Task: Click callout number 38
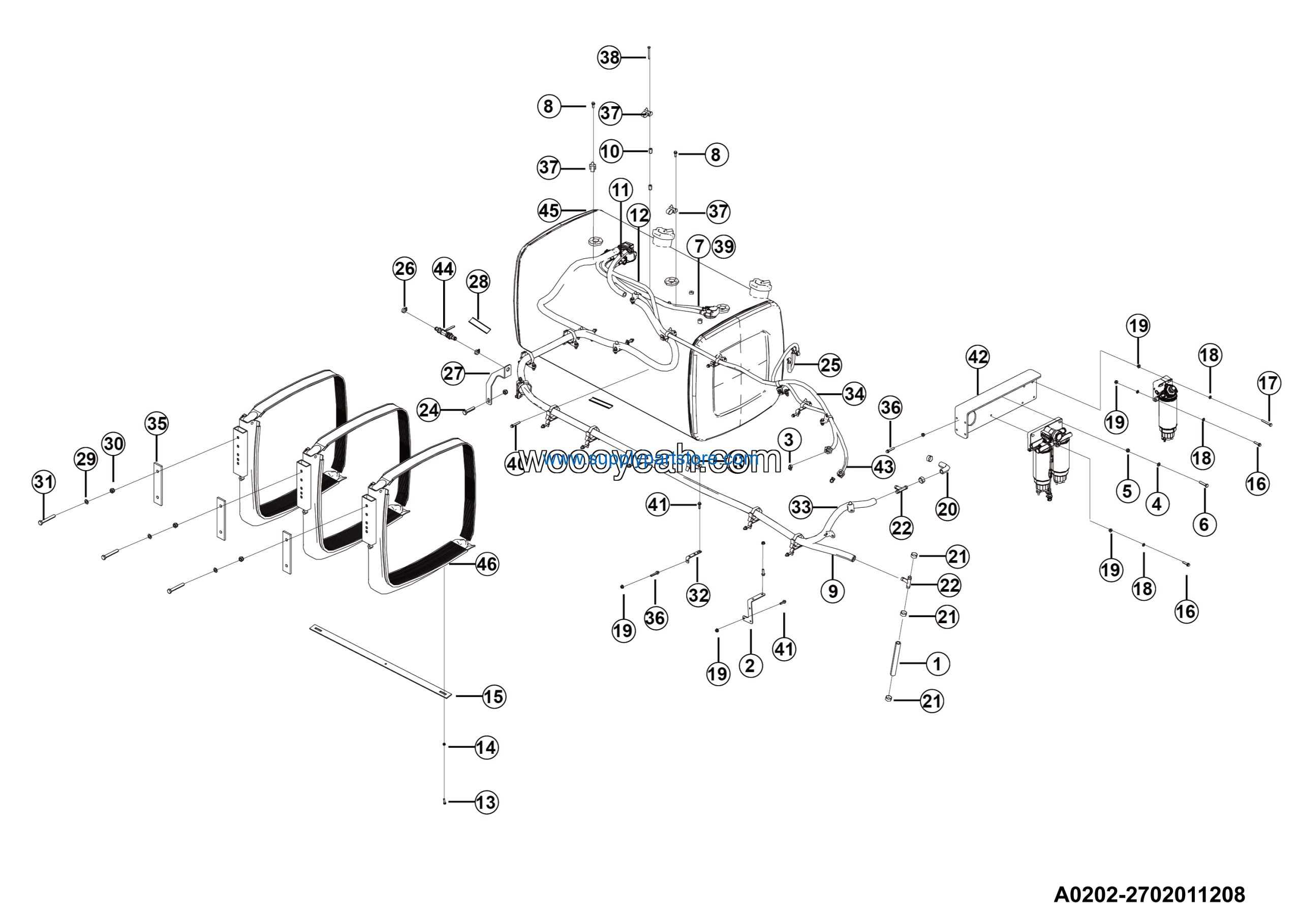[x=610, y=57]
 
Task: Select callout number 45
[x=549, y=211]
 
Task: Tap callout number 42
[x=978, y=357]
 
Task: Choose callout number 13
[x=486, y=802]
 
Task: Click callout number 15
[x=493, y=696]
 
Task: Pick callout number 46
[x=487, y=564]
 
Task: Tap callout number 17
[x=1268, y=383]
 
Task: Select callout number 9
[x=832, y=592]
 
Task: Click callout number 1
[x=937, y=663]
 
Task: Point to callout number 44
[x=444, y=268]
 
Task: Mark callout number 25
[x=830, y=365]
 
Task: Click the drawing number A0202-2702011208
[x=1149, y=895]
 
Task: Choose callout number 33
[x=801, y=507]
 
